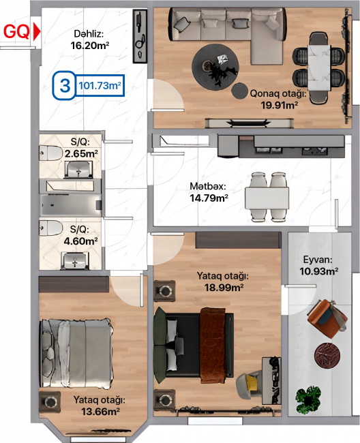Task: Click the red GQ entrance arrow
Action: [x=37, y=31]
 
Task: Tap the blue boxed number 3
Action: [x=65, y=85]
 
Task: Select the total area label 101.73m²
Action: [x=100, y=85]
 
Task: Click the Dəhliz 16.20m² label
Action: [x=89, y=40]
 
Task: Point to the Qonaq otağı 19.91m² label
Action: [x=278, y=100]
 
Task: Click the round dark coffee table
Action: [x=215, y=67]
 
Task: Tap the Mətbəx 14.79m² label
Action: [x=209, y=192]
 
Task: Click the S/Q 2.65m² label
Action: [x=81, y=148]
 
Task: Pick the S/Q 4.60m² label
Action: [x=80, y=235]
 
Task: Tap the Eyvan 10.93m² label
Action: [x=318, y=265]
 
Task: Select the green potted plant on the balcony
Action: [x=309, y=400]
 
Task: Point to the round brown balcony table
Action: [x=327, y=355]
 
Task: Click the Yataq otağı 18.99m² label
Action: [x=223, y=281]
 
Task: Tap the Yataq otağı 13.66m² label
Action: [x=100, y=406]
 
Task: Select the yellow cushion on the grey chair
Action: [x=252, y=382]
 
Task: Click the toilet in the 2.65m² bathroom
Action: [x=51, y=153]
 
